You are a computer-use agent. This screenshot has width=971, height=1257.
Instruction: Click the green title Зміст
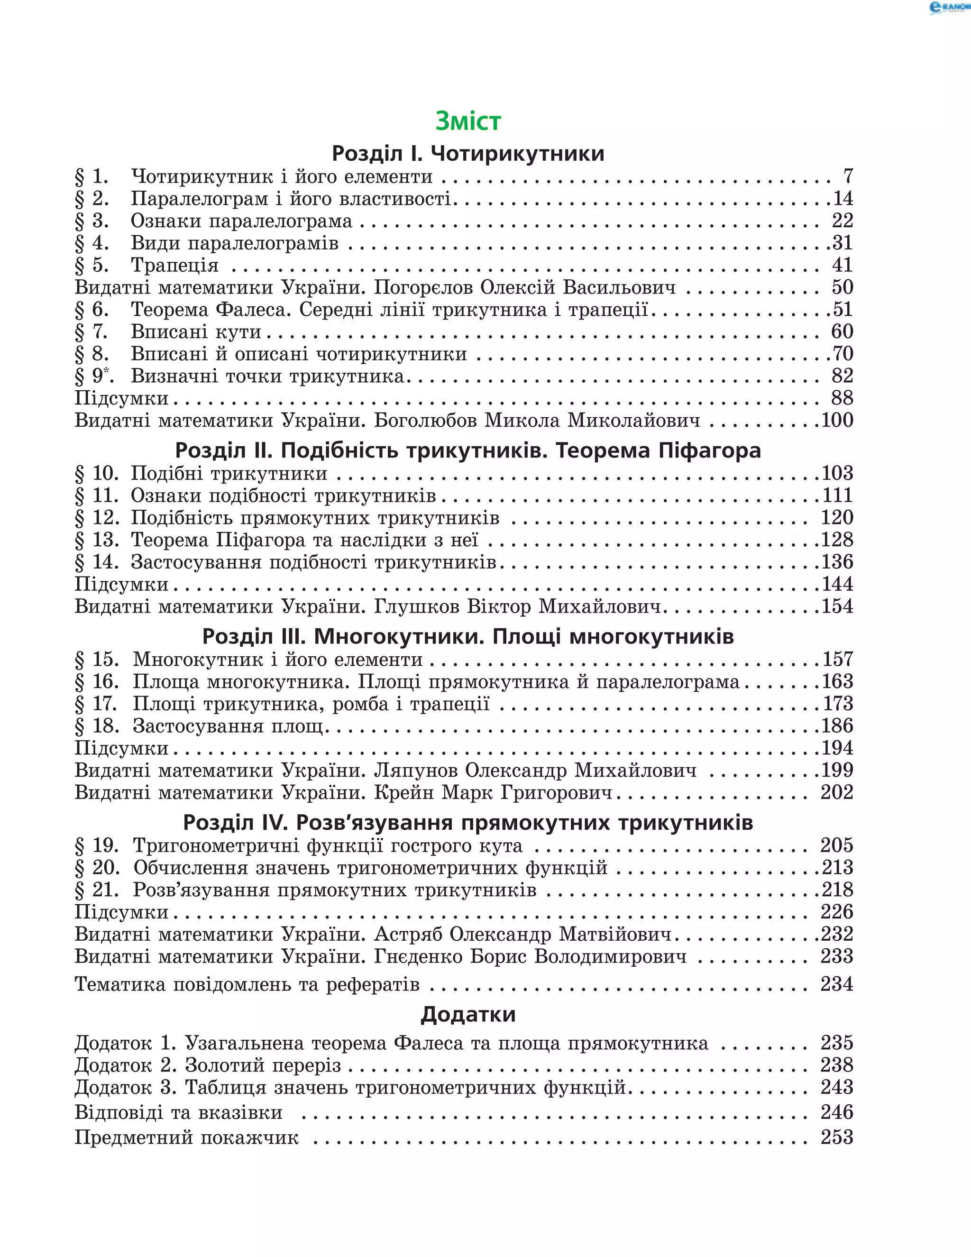coord(468,121)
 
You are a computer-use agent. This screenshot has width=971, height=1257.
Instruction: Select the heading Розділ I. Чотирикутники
coord(468,154)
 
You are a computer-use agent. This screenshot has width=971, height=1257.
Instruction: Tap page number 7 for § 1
coord(848,176)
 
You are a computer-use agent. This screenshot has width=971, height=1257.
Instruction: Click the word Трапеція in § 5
coord(174,266)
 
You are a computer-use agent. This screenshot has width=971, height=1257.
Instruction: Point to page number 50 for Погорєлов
coord(842,287)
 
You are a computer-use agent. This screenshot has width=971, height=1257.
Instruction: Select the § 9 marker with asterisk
coord(94,376)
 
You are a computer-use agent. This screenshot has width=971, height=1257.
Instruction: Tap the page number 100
coord(837,421)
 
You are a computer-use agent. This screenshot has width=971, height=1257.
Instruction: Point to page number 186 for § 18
coord(837,726)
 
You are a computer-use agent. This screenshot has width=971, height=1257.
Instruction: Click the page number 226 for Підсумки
coord(837,912)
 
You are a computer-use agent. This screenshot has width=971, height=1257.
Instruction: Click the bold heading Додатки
coord(468,1014)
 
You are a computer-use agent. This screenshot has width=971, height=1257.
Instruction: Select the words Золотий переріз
coord(263,1065)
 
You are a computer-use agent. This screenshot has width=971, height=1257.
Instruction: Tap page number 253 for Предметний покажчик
coord(837,1138)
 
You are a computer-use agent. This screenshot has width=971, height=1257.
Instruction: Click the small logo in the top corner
coord(949,8)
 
